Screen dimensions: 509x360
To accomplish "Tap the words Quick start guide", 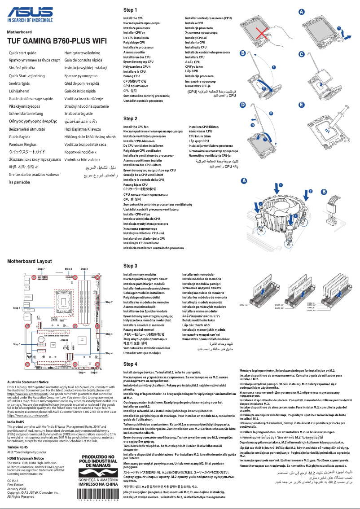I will click(x=23, y=53).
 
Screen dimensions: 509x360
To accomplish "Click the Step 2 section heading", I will click(x=130, y=118).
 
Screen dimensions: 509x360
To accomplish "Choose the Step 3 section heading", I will click(x=130, y=266).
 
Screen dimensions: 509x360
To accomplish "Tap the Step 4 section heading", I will click(x=130, y=364).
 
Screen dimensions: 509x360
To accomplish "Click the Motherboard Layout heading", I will click(x=30, y=261).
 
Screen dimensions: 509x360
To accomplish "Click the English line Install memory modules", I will click(x=140, y=274).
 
